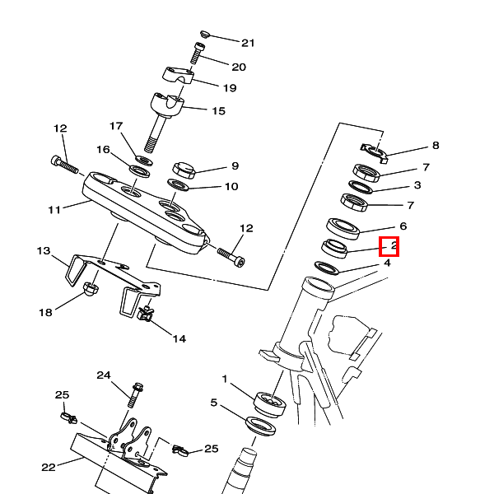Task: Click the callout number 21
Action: pos(248,43)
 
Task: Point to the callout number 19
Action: pos(229,88)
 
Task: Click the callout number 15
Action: pos(218,110)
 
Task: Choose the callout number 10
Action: pos(231,187)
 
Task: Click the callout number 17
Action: pos(116,126)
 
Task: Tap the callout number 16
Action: pos(103,150)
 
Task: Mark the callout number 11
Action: pos(54,210)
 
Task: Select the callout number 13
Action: pos(44,250)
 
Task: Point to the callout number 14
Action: pos(179,338)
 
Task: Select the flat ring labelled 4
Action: pos(329,268)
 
